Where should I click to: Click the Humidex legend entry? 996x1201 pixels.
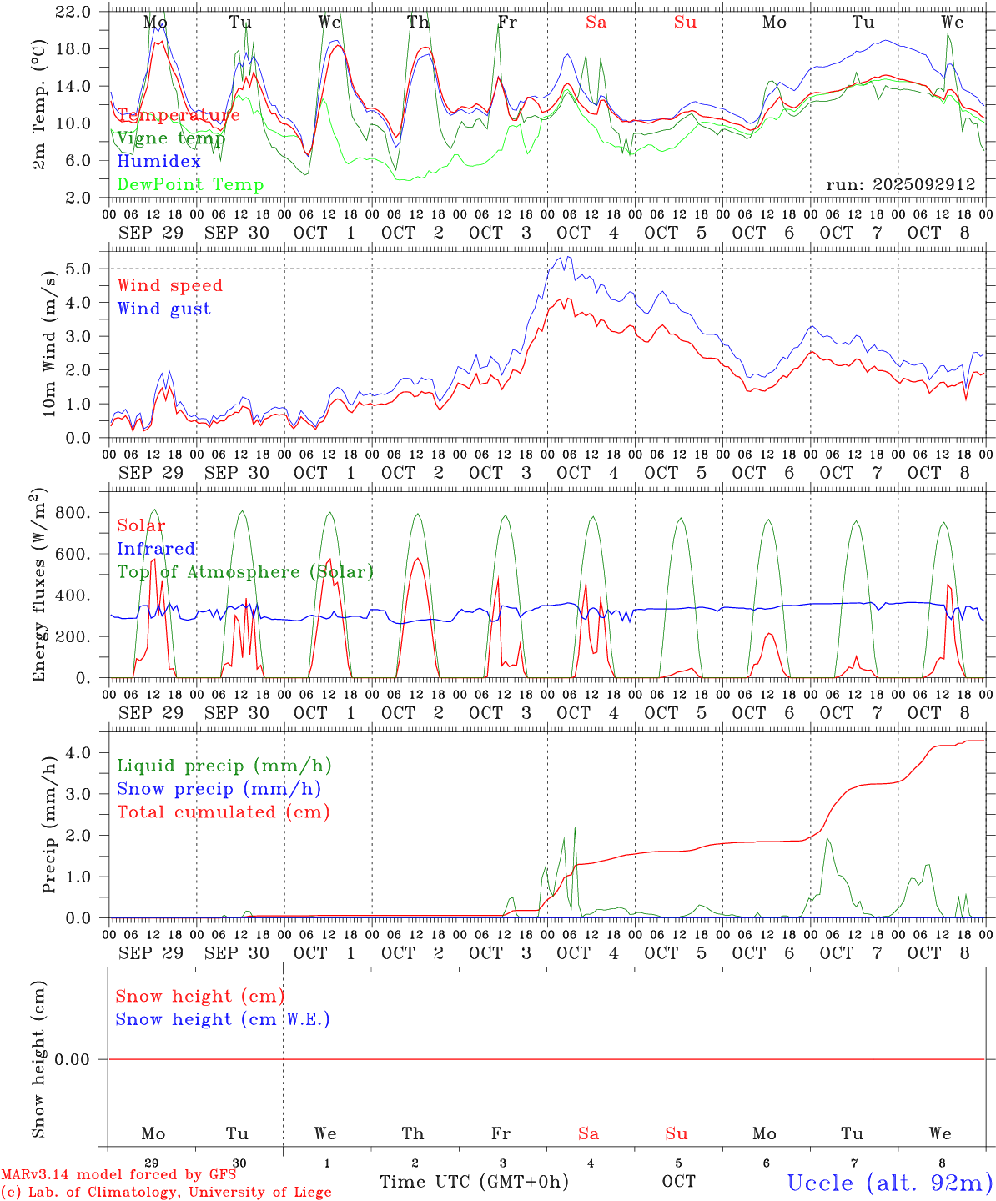(x=158, y=161)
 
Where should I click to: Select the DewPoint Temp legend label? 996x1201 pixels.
(x=190, y=184)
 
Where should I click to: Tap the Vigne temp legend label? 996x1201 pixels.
(x=171, y=138)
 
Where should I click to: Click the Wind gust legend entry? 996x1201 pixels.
(x=163, y=309)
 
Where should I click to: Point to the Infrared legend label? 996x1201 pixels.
(x=156, y=549)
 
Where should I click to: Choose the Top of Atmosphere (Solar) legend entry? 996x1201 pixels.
(x=245, y=572)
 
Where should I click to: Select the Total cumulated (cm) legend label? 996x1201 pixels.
(x=223, y=812)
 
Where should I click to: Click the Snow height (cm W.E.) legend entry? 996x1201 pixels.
(x=223, y=1019)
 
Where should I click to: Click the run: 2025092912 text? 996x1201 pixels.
(x=900, y=185)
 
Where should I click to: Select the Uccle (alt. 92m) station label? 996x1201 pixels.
(x=889, y=1183)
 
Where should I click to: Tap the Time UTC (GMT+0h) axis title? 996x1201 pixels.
(x=474, y=1182)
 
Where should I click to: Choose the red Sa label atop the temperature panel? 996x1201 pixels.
(x=596, y=23)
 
